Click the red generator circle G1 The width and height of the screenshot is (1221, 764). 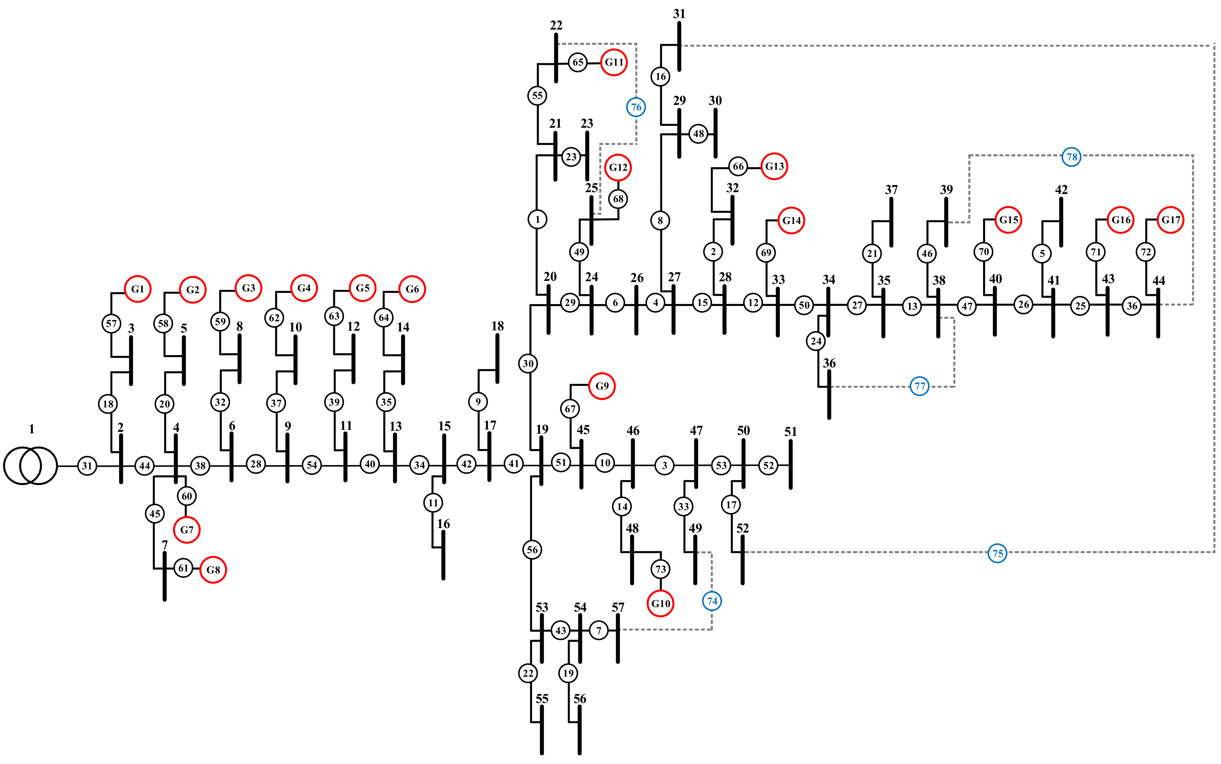[137, 289]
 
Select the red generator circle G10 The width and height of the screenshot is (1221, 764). [660, 603]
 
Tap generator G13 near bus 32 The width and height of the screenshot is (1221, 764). [774, 166]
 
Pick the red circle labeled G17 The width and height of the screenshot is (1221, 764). [1170, 220]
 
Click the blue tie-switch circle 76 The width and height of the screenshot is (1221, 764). [636, 107]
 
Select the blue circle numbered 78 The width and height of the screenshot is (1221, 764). [1072, 157]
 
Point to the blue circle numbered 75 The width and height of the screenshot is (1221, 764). [997, 553]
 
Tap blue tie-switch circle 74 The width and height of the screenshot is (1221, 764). [712, 601]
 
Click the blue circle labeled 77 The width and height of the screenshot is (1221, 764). [919, 386]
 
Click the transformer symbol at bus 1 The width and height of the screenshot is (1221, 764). [30, 466]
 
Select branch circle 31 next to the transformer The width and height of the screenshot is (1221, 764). [87, 466]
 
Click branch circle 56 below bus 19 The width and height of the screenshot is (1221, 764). [532, 550]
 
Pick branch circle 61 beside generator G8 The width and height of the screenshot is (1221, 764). [184, 568]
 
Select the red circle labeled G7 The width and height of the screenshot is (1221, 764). [187, 530]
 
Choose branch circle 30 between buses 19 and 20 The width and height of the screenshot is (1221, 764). [528, 363]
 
